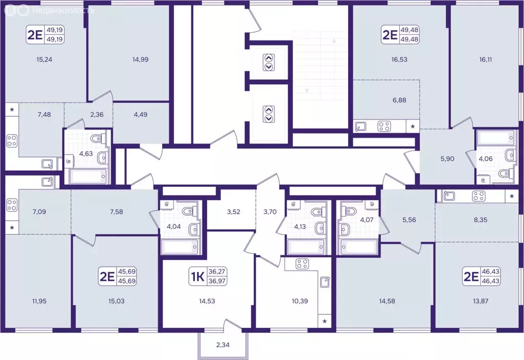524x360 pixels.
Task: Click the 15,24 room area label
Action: [x=45, y=59]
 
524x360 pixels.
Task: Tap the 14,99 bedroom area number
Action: [x=140, y=59]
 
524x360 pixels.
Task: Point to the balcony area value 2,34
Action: [x=223, y=345]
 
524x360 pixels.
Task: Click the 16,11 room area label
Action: [x=486, y=59]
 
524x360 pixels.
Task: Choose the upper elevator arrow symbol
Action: [x=269, y=62]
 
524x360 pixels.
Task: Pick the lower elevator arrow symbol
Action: [x=268, y=114]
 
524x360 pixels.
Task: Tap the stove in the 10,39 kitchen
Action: [x=302, y=264]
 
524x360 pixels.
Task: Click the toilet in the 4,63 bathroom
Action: [x=100, y=138]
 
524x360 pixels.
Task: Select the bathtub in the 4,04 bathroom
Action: [x=180, y=247]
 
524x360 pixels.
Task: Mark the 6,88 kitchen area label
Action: [x=399, y=100]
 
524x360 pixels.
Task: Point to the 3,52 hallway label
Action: [x=233, y=212]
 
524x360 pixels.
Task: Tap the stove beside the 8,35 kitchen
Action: [x=478, y=196]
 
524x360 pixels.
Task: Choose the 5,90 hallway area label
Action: [x=447, y=159]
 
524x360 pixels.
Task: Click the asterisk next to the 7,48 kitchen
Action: [x=12, y=110]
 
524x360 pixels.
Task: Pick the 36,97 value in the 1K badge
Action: [x=217, y=281]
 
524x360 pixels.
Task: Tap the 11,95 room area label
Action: [x=39, y=301]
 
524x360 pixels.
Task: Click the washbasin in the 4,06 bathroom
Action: [x=510, y=155]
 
